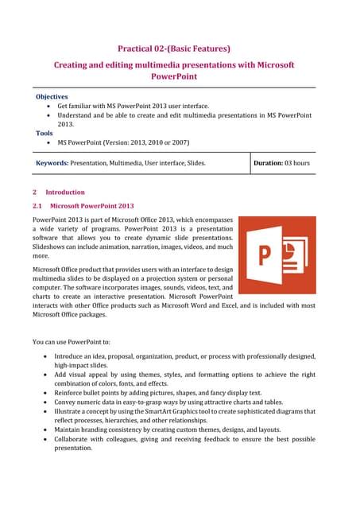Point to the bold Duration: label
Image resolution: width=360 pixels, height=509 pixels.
[x=269, y=163]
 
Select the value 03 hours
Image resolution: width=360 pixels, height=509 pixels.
[x=299, y=163]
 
